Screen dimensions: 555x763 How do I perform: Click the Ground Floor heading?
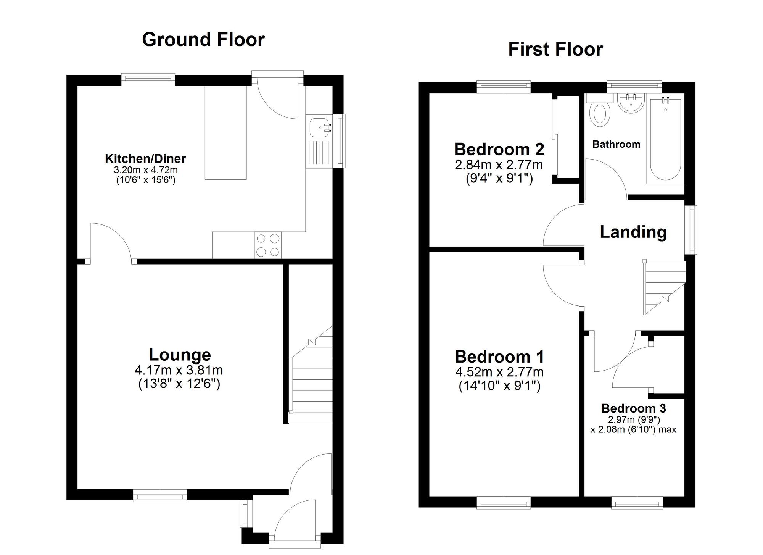click(x=203, y=40)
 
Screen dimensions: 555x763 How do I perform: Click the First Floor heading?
click(x=555, y=50)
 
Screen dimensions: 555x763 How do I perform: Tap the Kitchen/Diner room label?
click(x=145, y=158)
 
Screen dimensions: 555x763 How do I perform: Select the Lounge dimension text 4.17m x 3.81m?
click(x=179, y=370)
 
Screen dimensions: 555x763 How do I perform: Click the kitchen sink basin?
click(x=319, y=127)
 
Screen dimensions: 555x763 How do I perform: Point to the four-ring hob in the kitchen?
click(x=268, y=245)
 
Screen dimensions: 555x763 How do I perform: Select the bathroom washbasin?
click(x=630, y=104)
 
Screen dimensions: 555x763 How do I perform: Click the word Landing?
click(x=633, y=232)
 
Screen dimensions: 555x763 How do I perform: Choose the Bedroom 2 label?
click(x=499, y=149)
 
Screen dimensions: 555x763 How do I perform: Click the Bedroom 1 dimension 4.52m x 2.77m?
click(x=499, y=372)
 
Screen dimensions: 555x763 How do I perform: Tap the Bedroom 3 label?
click(x=633, y=408)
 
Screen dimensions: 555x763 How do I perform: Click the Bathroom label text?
click(x=616, y=144)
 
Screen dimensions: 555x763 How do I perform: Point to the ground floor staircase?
click(x=311, y=382)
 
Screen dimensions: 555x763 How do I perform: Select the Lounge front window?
click(x=160, y=496)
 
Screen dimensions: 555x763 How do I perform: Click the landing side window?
click(x=691, y=230)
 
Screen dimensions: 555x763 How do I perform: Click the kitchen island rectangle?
click(x=226, y=132)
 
